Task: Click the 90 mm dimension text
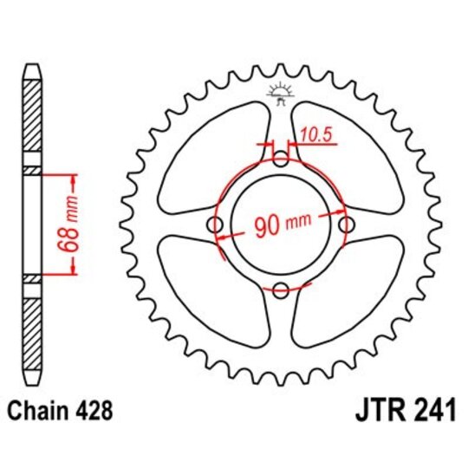point(282,226)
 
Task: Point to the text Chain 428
point(57,409)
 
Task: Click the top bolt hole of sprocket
point(280,159)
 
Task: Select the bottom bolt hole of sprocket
point(280,290)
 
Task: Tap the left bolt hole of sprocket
point(215,225)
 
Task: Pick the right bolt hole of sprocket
point(346,225)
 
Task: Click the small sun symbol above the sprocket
point(280,90)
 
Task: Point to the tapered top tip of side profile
point(31,70)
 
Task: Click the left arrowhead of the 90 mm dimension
point(221,236)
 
